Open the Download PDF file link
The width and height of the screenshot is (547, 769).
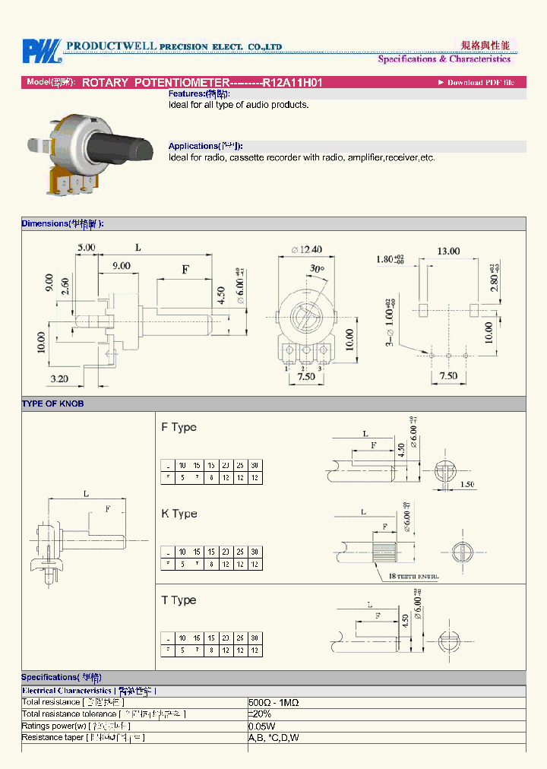click(480, 82)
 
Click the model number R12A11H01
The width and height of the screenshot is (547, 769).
click(292, 82)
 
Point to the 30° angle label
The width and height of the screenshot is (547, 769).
click(317, 269)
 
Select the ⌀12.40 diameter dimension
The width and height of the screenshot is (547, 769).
click(306, 249)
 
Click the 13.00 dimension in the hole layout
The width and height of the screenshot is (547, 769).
click(447, 251)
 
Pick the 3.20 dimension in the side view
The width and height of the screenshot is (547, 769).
click(59, 378)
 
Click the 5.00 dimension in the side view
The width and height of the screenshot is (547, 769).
click(86, 247)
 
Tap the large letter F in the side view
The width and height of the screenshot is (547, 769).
click(185, 269)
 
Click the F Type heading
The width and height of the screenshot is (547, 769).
click(179, 427)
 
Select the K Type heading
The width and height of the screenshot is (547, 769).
click(179, 514)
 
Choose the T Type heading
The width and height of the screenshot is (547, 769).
click(179, 600)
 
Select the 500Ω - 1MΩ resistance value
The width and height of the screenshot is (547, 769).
click(273, 703)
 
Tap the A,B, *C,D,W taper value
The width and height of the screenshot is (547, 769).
click(273, 737)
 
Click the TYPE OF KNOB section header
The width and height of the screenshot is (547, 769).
click(52, 404)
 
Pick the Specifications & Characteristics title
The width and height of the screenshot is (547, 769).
click(444, 59)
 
